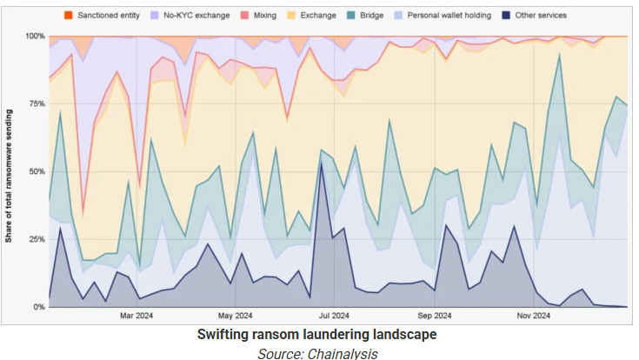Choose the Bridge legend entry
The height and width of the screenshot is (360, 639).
click(365, 16)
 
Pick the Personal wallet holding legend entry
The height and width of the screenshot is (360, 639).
click(443, 16)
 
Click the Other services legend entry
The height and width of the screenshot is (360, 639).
click(535, 16)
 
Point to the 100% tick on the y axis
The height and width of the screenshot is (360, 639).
click(36, 37)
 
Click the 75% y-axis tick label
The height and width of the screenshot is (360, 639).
click(37, 104)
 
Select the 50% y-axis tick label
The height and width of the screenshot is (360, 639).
click(37, 171)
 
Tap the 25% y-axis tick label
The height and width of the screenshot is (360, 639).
click(37, 239)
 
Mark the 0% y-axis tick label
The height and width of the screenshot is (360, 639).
click(39, 307)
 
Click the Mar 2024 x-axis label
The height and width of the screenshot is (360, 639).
click(136, 316)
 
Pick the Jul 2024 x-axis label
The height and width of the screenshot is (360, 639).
click(334, 316)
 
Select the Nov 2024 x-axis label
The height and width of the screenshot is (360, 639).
click(534, 316)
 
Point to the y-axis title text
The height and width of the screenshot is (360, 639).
click(9, 177)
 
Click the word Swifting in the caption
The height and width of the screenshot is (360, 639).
click(223, 335)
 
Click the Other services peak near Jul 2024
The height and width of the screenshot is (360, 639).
click(322, 163)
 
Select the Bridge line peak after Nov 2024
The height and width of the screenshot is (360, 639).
click(560, 55)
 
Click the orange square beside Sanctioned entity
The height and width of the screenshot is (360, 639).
click(69, 16)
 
